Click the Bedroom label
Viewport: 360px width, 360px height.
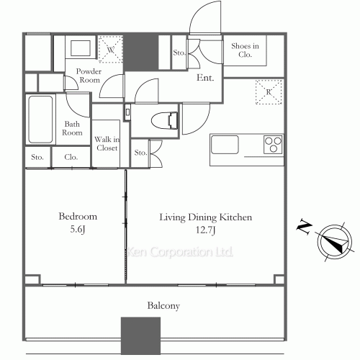pos(78,217)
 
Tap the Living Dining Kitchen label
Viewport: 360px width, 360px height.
pos(206,217)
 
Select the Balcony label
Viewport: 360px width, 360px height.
pos(163,306)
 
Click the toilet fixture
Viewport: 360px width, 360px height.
pos(166,120)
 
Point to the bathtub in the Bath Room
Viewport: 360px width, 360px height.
pos(40,120)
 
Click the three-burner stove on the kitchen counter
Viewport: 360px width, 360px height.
pos(273,145)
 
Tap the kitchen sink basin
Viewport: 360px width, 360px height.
pos(225,145)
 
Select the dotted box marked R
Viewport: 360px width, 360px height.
pos(269,92)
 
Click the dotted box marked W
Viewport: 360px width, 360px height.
pos(111,50)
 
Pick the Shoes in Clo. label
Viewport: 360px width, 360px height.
pos(245,50)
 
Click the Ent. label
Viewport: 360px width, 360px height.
pos(205,78)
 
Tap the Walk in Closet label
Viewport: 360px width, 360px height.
pos(107,143)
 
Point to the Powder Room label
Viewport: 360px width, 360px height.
pos(89,76)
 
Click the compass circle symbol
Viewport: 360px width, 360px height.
pos(335,242)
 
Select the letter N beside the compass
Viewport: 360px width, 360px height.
pos(305,226)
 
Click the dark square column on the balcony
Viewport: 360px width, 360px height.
pos(140,336)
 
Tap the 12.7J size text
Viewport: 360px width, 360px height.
pos(206,230)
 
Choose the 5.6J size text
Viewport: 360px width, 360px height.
pos(78,229)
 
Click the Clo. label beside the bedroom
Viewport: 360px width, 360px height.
pos(71,157)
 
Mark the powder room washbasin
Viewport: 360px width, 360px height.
pos(81,48)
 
